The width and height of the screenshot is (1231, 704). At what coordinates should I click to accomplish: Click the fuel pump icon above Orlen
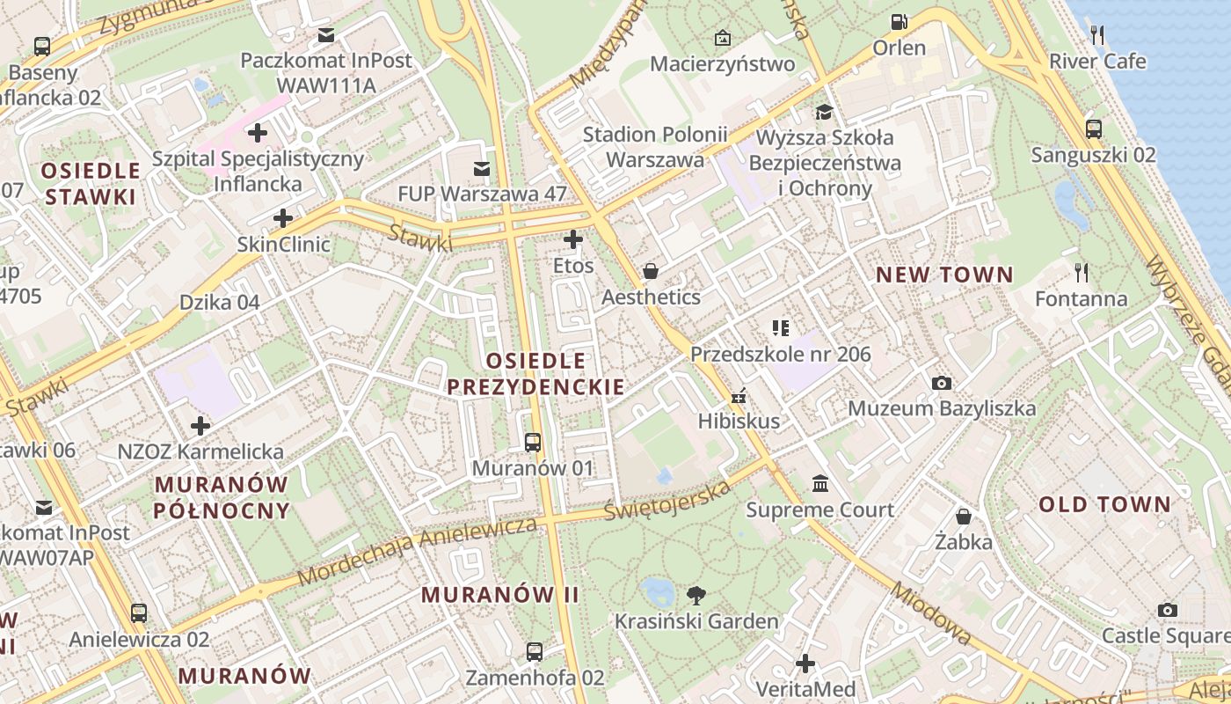(899, 21)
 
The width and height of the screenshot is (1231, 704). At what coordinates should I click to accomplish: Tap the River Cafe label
(1097, 61)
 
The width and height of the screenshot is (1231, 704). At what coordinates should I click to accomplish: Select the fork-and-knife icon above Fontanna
(1082, 273)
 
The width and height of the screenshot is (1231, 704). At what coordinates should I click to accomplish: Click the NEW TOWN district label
(944, 275)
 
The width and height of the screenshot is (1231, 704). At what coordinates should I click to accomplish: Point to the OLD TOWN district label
(1104, 504)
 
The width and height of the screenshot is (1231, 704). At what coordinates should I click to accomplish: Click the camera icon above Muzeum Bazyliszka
(941, 383)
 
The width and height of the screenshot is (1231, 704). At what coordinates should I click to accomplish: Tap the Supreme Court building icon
(820, 483)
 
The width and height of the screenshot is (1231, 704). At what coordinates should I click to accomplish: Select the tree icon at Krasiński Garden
(696, 595)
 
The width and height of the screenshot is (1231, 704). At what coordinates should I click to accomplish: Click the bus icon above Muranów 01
(533, 442)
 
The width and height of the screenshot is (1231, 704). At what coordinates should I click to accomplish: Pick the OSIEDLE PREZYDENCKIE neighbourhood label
(535, 373)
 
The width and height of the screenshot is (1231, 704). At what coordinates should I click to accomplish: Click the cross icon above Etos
(573, 238)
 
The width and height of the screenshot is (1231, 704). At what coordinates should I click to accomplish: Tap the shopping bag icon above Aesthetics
(651, 270)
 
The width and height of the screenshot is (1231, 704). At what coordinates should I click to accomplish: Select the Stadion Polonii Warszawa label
(655, 147)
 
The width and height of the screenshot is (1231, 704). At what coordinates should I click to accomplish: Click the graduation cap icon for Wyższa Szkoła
(824, 112)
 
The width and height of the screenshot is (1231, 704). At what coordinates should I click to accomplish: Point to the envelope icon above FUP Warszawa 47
(482, 168)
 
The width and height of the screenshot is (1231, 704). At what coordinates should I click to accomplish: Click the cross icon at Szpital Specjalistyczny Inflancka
(258, 133)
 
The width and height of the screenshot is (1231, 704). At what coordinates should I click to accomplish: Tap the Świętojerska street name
(668, 499)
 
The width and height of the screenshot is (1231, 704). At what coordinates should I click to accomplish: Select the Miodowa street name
(930, 613)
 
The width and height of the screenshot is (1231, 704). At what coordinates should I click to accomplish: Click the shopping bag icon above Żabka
(964, 516)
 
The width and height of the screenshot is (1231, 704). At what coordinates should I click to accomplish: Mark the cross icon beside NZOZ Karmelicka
(200, 426)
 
